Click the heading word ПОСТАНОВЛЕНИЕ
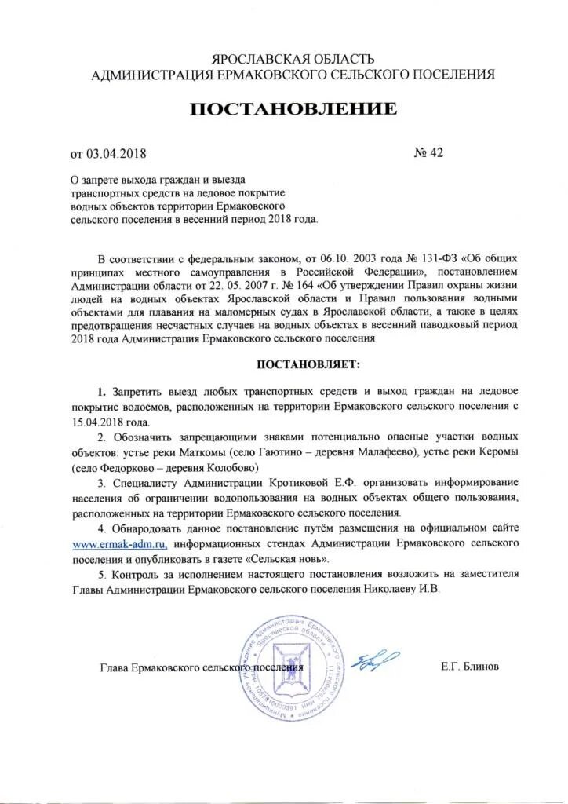[293, 110]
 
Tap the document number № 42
[428, 152]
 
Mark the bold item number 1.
[101, 391]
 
